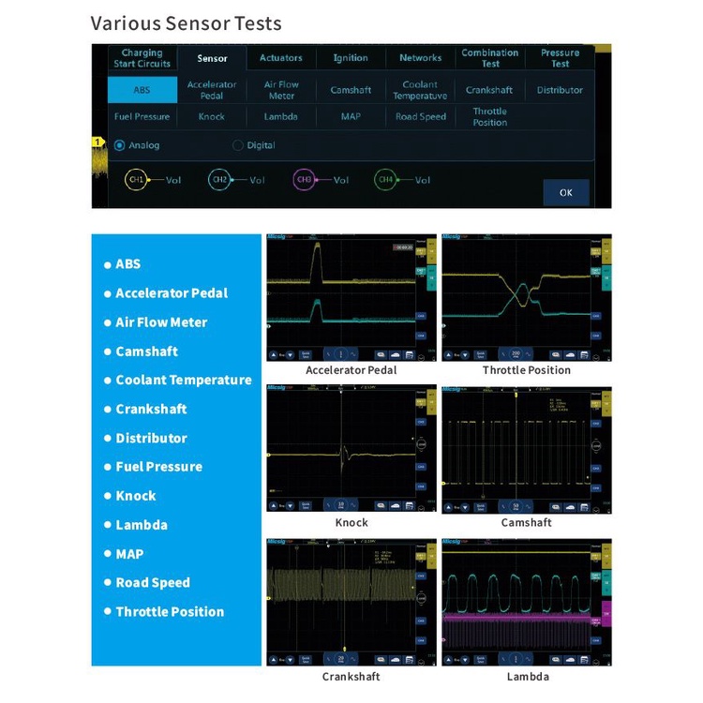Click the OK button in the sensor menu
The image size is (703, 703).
click(x=566, y=192)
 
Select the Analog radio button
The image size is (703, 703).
click(x=120, y=145)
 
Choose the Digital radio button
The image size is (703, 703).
click(x=238, y=145)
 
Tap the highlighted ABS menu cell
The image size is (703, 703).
click(x=141, y=90)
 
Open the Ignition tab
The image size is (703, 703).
click(x=351, y=58)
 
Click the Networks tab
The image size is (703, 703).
click(x=420, y=58)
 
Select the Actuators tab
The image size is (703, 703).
click(x=281, y=58)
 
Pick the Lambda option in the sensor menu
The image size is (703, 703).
click(x=281, y=117)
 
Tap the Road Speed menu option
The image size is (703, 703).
click(x=420, y=117)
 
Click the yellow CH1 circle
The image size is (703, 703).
click(x=136, y=179)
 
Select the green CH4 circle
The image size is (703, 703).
click(x=385, y=179)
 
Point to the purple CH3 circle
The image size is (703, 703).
click(x=304, y=179)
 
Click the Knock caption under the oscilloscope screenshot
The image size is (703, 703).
click(x=351, y=523)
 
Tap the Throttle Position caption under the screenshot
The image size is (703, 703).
click(x=527, y=370)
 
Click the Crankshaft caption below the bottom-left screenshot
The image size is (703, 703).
click(x=351, y=677)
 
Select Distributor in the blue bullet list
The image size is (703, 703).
click(x=151, y=438)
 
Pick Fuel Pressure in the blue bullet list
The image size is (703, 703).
click(x=158, y=467)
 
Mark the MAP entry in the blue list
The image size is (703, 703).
click(x=129, y=554)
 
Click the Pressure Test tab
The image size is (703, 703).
click(x=560, y=58)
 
